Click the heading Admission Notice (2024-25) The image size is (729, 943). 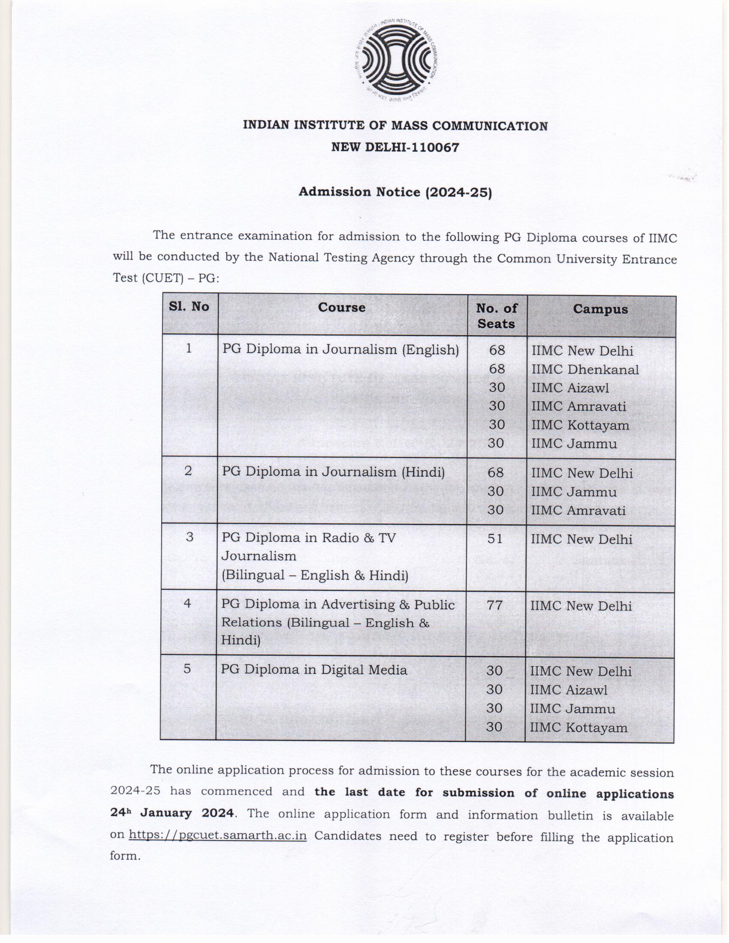click(x=395, y=192)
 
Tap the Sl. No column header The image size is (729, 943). click(x=189, y=306)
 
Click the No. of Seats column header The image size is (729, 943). click(x=496, y=315)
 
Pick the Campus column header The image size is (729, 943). click(x=600, y=309)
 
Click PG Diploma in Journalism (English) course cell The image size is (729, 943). click(x=340, y=349)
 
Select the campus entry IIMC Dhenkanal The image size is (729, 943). click(x=585, y=369)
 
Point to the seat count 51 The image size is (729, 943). click(x=495, y=538)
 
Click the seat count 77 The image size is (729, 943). click(x=494, y=605)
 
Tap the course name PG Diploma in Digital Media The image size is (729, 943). click(x=314, y=670)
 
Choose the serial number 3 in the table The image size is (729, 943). click(x=189, y=537)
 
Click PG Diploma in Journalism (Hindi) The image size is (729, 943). click(x=333, y=471)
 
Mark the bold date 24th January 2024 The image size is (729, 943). click(x=172, y=813)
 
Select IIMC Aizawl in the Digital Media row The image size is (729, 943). click(x=568, y=690)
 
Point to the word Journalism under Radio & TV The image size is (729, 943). click(x=259, y=556)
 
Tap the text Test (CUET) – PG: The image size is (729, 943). click(x=166, y=278)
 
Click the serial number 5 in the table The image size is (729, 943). click(x=187, y=669)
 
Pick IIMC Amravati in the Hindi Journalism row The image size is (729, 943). click(x=578, y=511)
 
